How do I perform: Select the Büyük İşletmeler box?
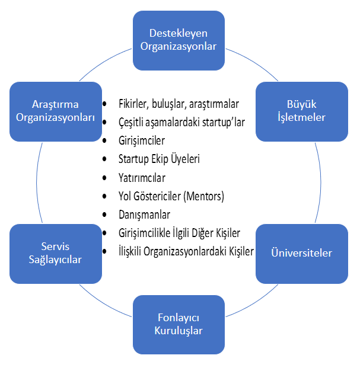302,111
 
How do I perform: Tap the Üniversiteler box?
302,253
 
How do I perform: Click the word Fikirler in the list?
133,104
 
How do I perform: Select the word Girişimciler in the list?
142,140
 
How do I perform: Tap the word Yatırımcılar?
142,177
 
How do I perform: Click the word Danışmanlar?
144,214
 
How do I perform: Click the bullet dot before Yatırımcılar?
106,178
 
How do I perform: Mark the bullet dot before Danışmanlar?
106,215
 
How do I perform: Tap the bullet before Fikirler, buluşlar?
106,104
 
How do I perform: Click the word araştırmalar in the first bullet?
212,104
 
